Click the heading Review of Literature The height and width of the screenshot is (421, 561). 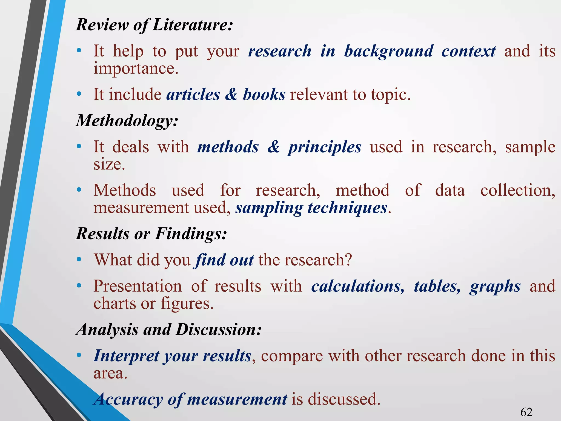coord(154,25)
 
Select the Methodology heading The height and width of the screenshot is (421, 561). coord(127,121)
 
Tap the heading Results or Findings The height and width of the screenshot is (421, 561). coord(151,234)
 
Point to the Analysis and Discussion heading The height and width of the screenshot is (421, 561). coord(169,329)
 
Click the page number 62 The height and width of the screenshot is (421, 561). coord(526,412)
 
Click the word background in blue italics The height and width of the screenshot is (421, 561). coord(388,51)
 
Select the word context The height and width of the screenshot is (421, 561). coord(468,51)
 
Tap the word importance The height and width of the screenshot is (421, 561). coord(136,69)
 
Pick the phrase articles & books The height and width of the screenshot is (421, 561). coord(226,95)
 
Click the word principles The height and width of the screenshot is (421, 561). coord(324,147)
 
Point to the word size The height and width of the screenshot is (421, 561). coord(109,164)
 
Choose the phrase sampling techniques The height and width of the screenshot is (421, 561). coord(311,208)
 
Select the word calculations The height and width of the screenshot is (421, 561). coord(357,286)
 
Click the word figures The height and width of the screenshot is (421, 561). coord(187,304)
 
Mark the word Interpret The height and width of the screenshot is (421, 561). coord(126,356)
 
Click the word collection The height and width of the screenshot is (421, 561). coord(518,190)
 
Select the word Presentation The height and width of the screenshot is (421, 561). coord(138,286)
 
